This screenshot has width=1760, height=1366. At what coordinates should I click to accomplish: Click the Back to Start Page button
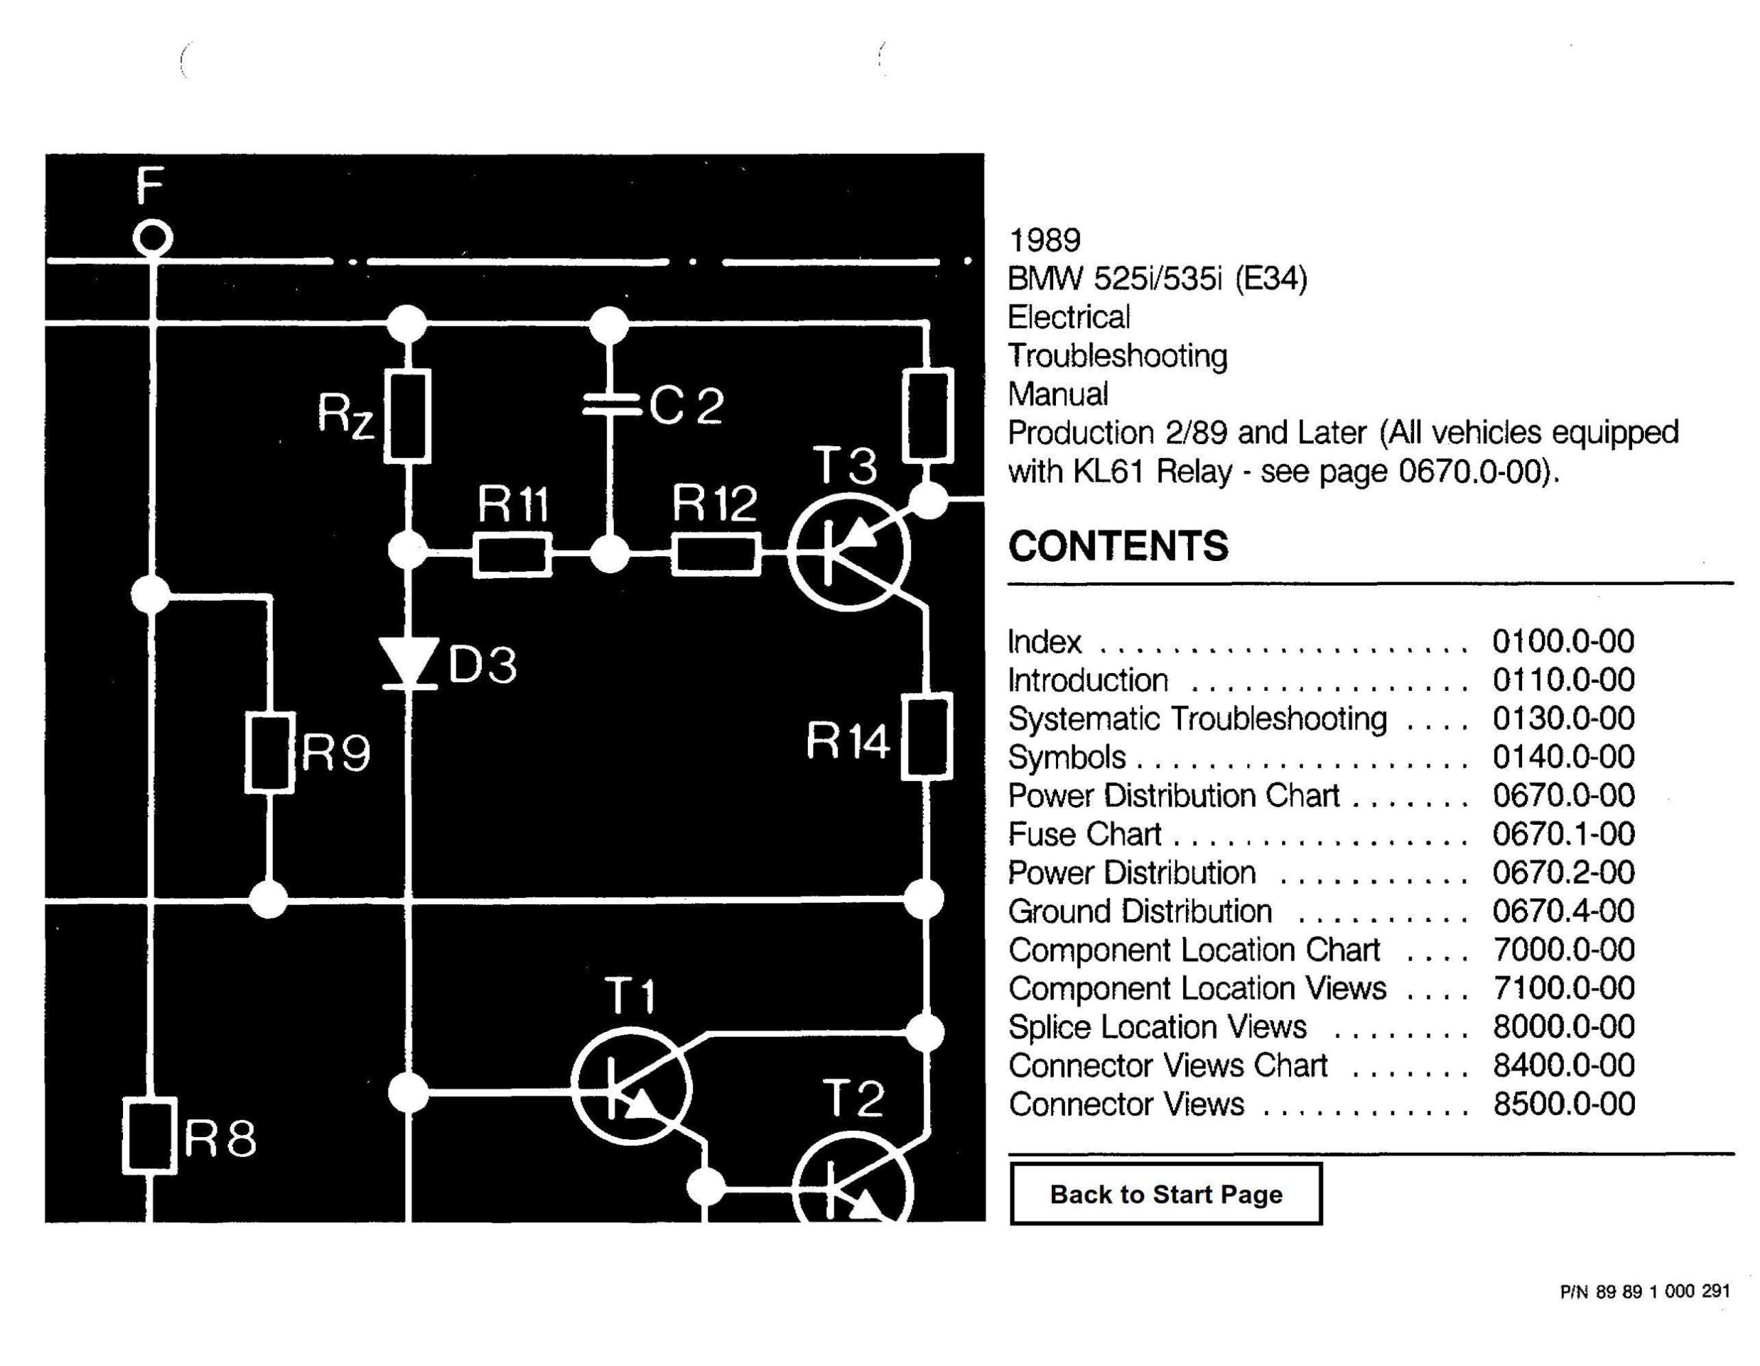click(1165, 1193)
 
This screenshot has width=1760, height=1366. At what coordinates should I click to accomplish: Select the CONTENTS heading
click(1118, 547)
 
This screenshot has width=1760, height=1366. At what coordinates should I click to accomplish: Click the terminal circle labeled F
click(153, 239)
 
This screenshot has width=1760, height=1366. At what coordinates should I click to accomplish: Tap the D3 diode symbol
click(408, 663)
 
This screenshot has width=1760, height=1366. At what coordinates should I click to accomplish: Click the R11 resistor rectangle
click(512, 555)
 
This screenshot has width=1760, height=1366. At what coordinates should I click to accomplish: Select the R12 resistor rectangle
click(716, 555)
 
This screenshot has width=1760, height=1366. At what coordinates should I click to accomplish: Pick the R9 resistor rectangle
click(269, 752)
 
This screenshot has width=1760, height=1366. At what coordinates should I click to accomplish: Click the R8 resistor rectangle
click(149, 1135)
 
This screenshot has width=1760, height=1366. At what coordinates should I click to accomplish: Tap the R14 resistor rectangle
click(927, 736)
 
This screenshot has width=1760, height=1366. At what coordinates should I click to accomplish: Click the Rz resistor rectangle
click(407, 416)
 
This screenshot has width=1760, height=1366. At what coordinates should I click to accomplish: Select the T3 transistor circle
click(849, 553)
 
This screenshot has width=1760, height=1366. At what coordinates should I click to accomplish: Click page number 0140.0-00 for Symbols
click(1563, 757)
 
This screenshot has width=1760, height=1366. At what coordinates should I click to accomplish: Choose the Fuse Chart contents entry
click(1084, 834)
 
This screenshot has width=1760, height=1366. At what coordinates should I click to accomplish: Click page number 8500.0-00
click(1563, 1104)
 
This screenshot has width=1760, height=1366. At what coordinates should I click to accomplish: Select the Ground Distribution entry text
click(1139, 912)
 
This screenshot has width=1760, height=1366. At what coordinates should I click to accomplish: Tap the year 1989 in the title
click(1044, 240)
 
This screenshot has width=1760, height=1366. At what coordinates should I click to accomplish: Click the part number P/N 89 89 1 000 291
click(1644, 1291)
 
